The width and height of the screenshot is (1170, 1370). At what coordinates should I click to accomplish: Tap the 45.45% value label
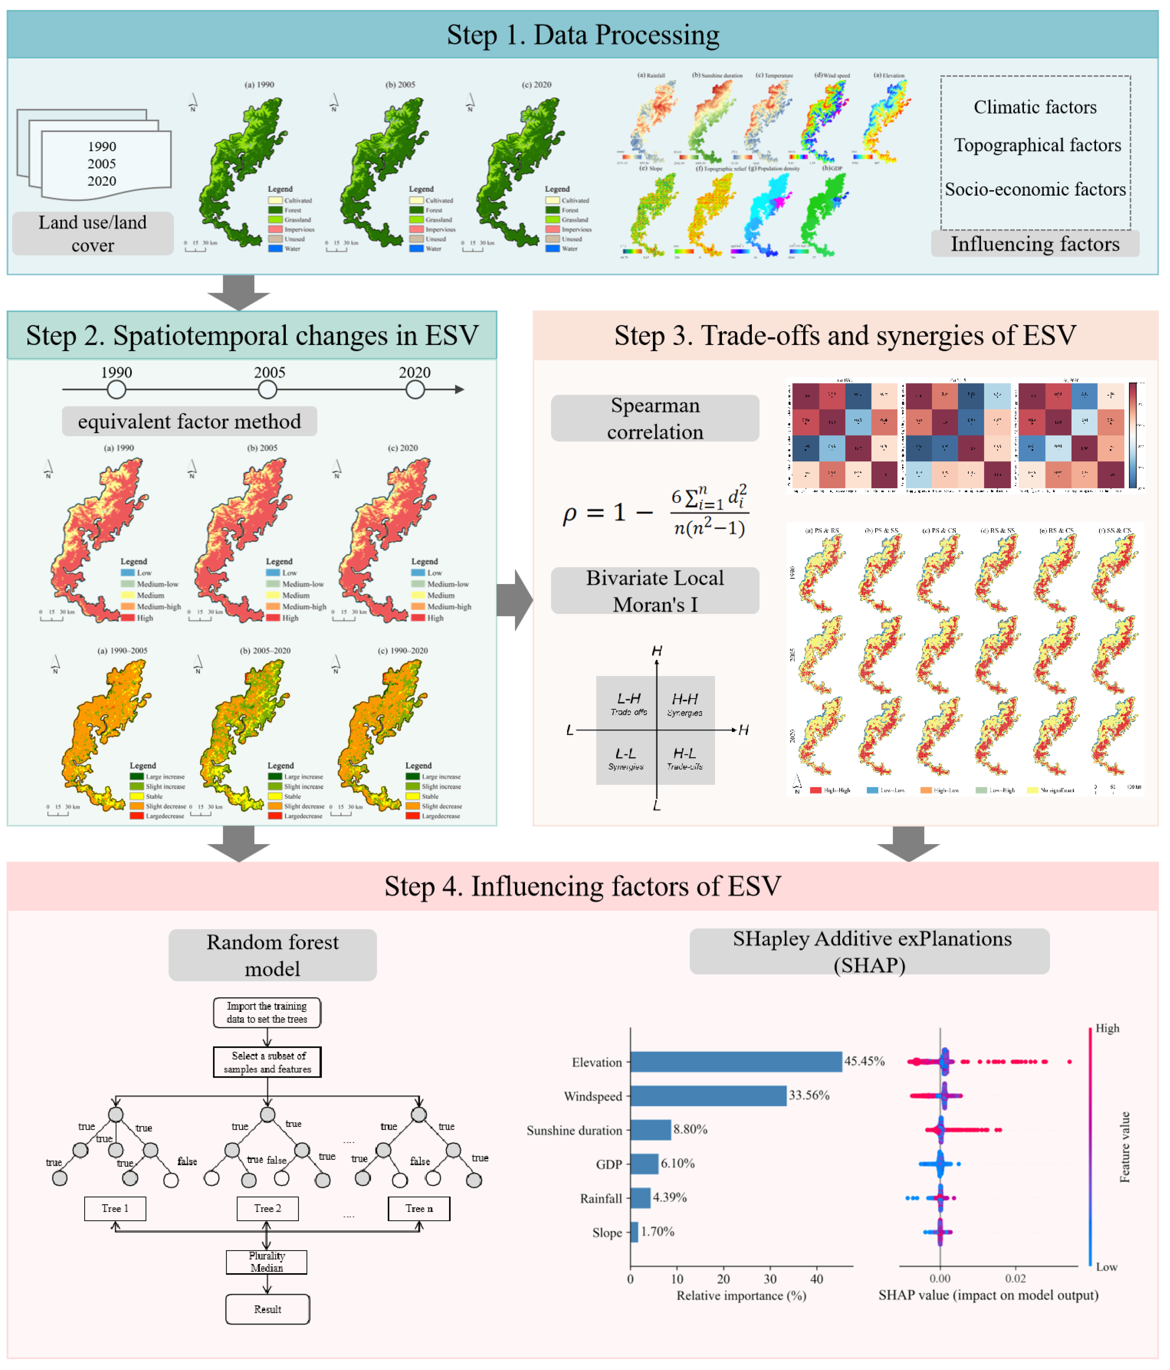[x=865, y=1061]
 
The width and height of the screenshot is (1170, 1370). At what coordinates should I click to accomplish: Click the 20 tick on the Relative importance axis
[x=724, y=1280]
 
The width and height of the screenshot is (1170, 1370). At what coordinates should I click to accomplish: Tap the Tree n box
[x=419, y=1209]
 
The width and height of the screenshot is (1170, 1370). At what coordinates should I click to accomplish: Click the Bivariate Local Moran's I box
[x=655, y=590]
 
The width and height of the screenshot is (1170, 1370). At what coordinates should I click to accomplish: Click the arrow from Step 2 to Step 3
[x=515, y=600]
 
